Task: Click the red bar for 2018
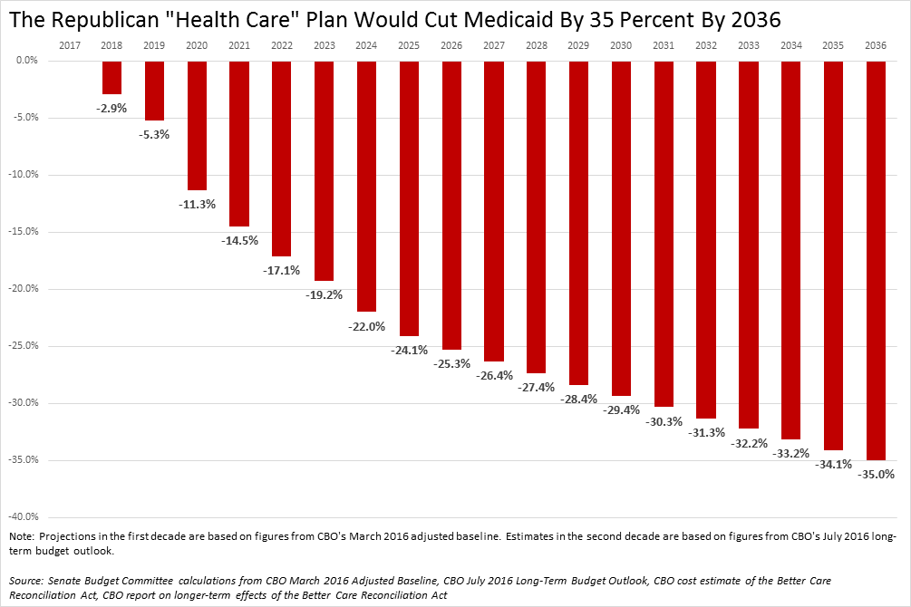(x=111, y=77)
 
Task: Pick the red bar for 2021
(x=239, y=143)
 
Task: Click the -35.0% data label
(x=876, y=474)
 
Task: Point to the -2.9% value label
(x=111, y=108)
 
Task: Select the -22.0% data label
(x=366, y=326)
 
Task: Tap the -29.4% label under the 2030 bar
(x=621, y=410)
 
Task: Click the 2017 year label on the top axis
(x=69, y=44)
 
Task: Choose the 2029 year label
(x=578, y=44)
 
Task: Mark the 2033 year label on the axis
(x=749, y=44)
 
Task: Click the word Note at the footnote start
(x=20, y=536)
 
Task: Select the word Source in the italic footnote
(x=26, y=579)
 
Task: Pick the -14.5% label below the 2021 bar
(x=239, y=240)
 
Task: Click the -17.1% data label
(x=281, y=270)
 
